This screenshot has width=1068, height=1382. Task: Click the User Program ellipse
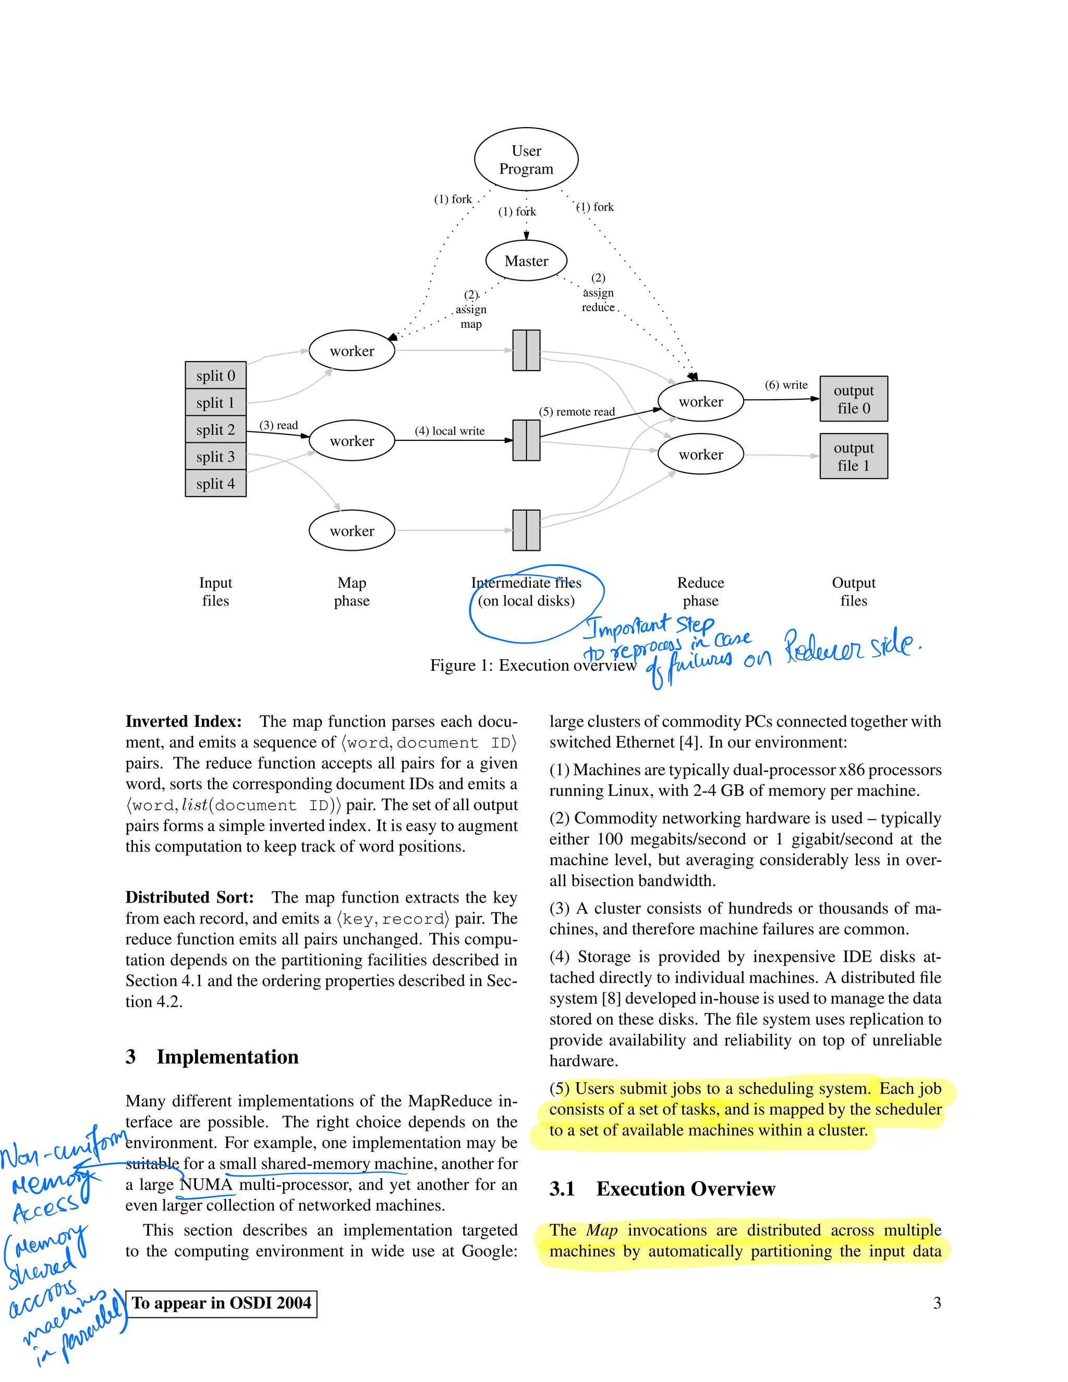click(526, 159)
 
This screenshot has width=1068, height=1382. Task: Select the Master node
click(526, 261)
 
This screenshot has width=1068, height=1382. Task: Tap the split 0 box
click(215, 375)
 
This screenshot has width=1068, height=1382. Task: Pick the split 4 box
click(215, 484)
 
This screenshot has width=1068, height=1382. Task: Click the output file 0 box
click(853, 399)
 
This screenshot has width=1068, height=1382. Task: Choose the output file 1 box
click(853, 456)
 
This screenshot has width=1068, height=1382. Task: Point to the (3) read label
click(278, 425)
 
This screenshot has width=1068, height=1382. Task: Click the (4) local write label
click(450, 431)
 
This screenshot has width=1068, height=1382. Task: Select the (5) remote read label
click(577, 411)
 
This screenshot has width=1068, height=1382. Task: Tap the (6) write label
click(786, 385)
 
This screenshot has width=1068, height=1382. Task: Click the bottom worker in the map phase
click(352, 530)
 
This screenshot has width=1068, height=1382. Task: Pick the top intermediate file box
click(526, 350)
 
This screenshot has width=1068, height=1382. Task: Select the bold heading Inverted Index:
click(184, 721)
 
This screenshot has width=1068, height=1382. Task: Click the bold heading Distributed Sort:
click(189, 897)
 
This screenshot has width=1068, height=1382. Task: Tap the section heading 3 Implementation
click(212, 1057)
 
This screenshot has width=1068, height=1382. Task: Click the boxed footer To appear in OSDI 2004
click(222, 1303)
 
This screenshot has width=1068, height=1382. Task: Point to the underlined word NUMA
click(207, 1184)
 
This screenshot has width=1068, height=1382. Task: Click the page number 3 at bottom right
click(937, 1303)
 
